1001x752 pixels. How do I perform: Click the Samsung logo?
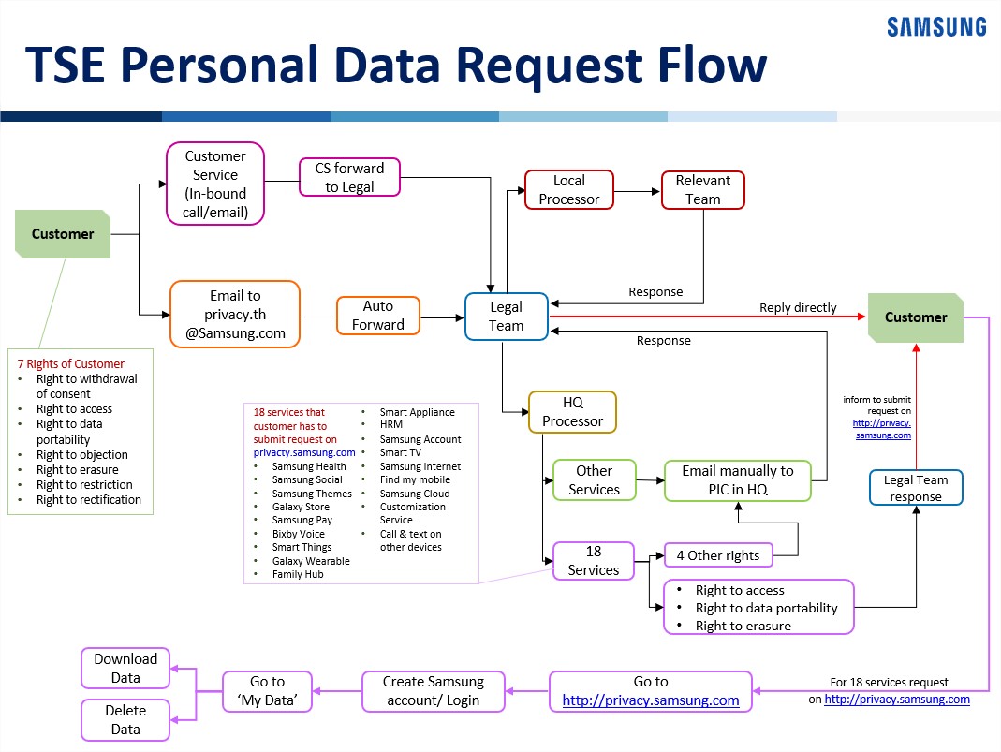point(936,27)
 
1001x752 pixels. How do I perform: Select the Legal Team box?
point(507,317)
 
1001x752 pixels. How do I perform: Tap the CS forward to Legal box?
point(350,178)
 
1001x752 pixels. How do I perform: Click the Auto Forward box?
point(378,316)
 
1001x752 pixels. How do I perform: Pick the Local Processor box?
point(568,189)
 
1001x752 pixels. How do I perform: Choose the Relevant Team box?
point(703,189)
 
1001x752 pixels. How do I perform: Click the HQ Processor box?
point(573,412)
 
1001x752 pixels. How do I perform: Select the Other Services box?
point(595,480)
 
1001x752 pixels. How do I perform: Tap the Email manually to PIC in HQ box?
point(738,480)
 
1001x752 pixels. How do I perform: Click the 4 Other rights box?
point(718,555)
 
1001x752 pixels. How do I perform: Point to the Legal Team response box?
point(916,488)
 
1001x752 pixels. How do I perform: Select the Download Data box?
point(125,669)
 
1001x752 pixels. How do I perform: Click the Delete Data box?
point(125,720)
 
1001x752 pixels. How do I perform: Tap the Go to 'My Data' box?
point(268,691)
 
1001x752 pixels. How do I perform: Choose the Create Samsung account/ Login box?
point(434,691)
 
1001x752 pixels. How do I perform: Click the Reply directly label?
point(798,308)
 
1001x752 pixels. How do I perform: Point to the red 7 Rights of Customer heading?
point(71,364)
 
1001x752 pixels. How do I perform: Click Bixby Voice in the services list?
point(298,535)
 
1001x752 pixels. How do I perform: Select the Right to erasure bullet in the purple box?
point(743,627)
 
